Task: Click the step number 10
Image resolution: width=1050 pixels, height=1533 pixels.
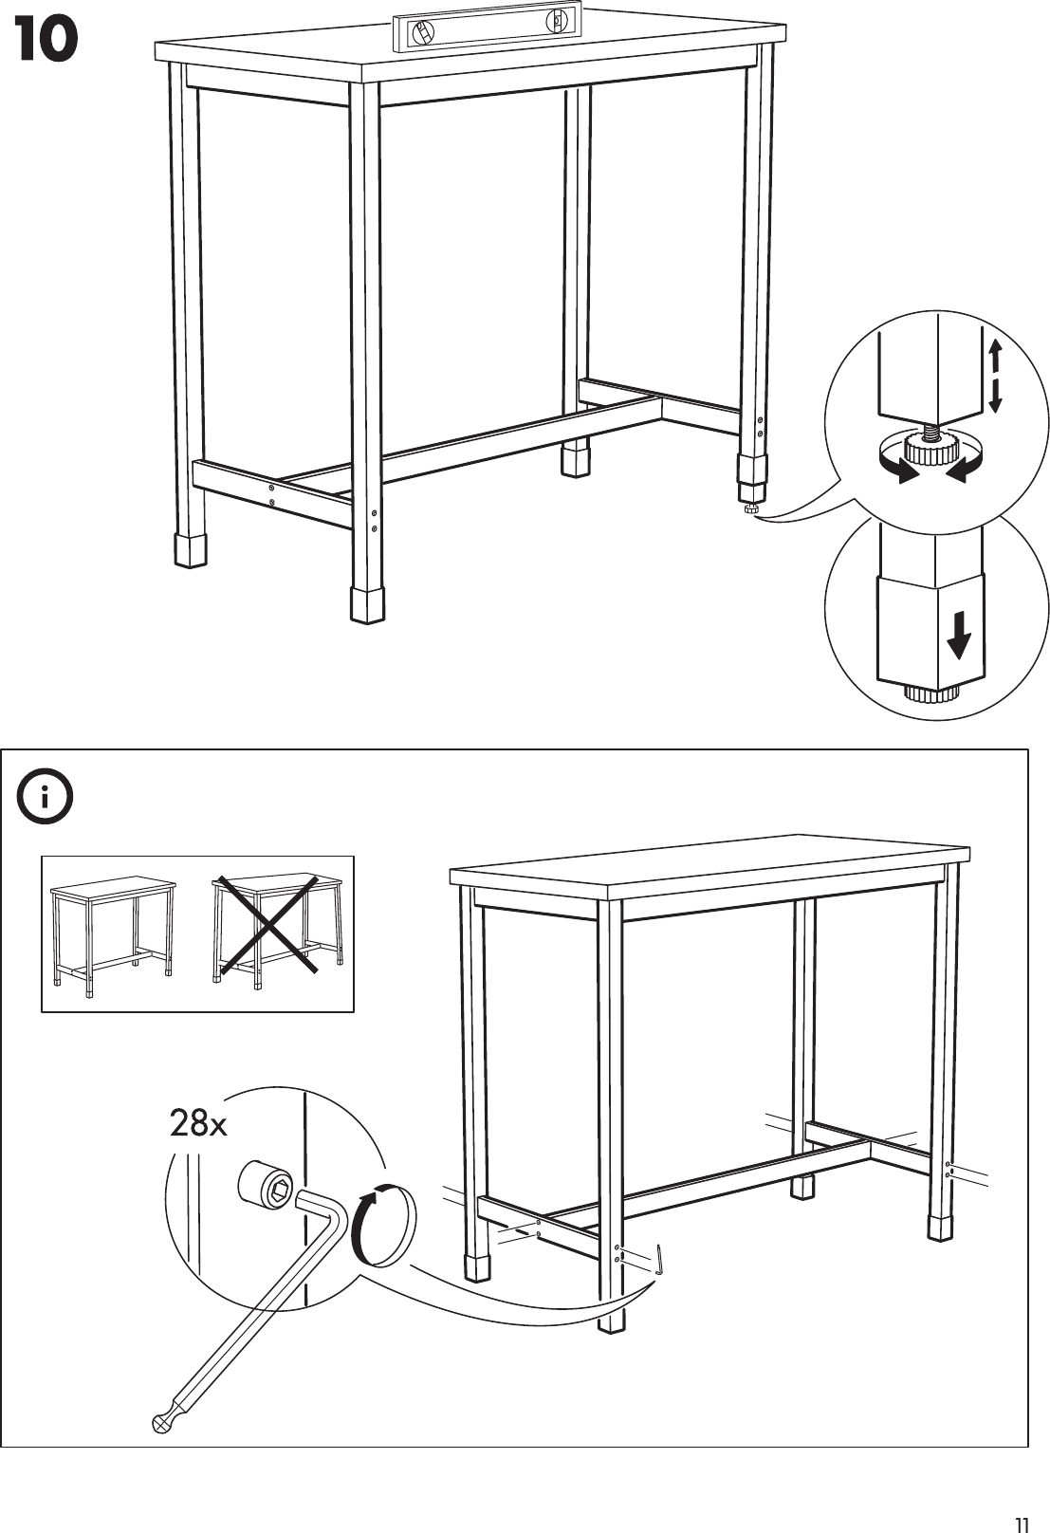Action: [x=46, y=42]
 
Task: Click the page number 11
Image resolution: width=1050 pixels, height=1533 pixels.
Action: [x=1021, y=1499]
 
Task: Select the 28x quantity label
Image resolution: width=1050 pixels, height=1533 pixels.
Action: [x=198, y=1124]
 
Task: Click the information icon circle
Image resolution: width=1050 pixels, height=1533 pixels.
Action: [x=45, y=800]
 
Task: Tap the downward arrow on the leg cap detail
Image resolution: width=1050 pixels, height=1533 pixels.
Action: [x=959, y=635]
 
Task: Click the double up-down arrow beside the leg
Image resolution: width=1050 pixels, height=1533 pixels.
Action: [x=994, y=378]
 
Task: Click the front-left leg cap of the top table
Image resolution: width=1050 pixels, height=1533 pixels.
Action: [x=191, y=549]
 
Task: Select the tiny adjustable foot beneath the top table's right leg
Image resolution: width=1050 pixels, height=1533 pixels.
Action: [x=751, y=510]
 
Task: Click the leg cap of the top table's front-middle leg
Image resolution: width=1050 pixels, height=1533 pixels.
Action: [x=367, y=603]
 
